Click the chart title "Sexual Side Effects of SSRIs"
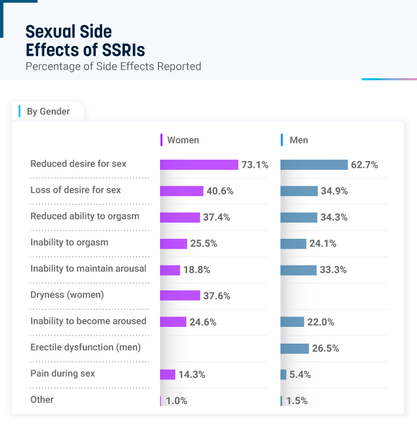coord(85,41)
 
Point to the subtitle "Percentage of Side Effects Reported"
coord(113,66)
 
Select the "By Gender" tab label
coord(48,112)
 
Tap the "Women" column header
coord(182,140)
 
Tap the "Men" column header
coord(299,140)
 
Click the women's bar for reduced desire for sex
coord(199,165)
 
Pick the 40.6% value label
coord(220,191)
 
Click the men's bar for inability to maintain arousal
coord(298,270)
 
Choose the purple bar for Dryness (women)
coord(180,296)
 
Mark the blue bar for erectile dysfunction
coord(295,348)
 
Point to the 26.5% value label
coord(325,348)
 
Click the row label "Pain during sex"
coord(63,373)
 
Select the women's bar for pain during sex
coord(167,374)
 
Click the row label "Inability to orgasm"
coord(69,242)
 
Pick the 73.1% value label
coord(255,165)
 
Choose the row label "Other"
coord(42,399)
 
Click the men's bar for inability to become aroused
coord(292,322)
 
